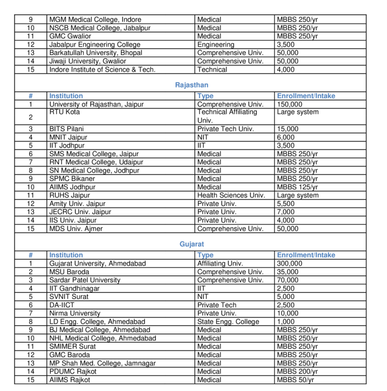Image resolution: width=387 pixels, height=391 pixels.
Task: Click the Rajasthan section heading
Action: pyautogui.click(x=191, y=85)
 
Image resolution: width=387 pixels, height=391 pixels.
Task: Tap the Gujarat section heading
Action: pyautogui.click(x=191, y=244)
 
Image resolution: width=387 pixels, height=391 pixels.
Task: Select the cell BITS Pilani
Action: pyautogui.click(x=67, y=129)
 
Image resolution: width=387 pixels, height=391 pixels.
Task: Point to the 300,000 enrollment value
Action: pyautogui.click(x=290, y=263)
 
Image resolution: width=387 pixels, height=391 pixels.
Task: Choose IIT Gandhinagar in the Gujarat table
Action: pyautogui.click(x=74, y=288)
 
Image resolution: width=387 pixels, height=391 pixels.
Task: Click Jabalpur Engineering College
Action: pyautogui.click(x=95, y=44)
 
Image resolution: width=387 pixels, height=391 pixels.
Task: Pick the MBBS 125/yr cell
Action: pyautogui.click(x=297, y=187)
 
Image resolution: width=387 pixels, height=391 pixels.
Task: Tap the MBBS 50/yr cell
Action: pyautogui.click(x=295, y=380)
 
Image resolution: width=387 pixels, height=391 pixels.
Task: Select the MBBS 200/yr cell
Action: pyautogui.click(x=297, y=371)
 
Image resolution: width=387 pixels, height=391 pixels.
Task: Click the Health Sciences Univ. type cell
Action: pyautogui.click(x=231, y=195)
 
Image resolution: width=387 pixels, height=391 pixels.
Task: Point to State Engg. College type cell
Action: pyautogui.click(x=228, y=322)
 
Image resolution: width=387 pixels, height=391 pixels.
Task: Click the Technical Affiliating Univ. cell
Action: pyautogui.click(x=227, y=116)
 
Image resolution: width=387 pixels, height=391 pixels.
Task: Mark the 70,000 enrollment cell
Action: pyautogui.click(x=288, y=280)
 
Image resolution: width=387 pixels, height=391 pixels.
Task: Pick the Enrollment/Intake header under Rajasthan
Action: pyautogui.click(x=306, y=96)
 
